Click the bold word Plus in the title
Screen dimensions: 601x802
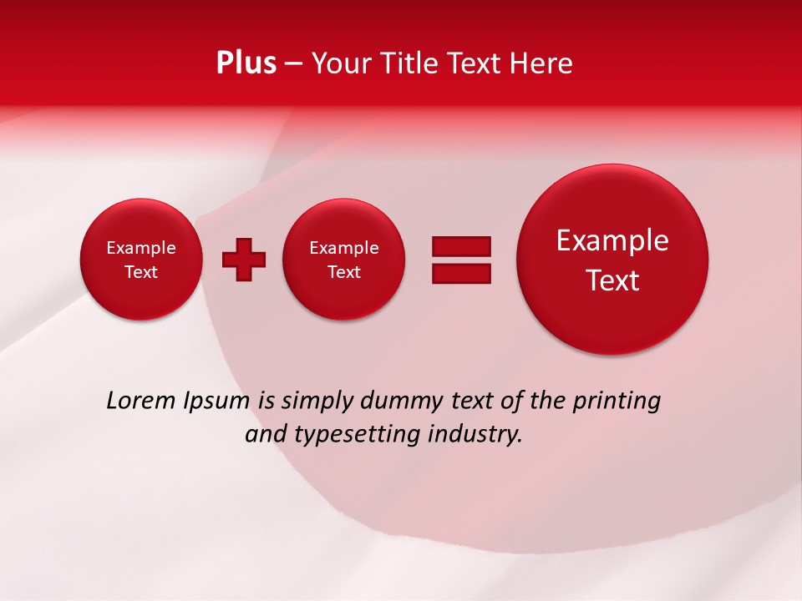point(246,63)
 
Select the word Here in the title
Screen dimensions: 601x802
point(542,63)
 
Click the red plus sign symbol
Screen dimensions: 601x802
point(243,260)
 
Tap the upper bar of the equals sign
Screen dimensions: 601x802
point(461,246)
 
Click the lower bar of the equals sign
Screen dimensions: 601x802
point(461,273)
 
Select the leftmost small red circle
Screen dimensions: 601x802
point(140,260)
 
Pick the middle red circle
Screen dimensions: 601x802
point(343,260)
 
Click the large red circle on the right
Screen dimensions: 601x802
point(612,260)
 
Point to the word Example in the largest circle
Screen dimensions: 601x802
point(612,240)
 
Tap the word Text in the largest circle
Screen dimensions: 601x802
point(612,280)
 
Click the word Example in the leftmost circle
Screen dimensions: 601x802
point(140,248)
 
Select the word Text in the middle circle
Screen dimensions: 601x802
point(343,272)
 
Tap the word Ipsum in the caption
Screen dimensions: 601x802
point(216,402)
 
